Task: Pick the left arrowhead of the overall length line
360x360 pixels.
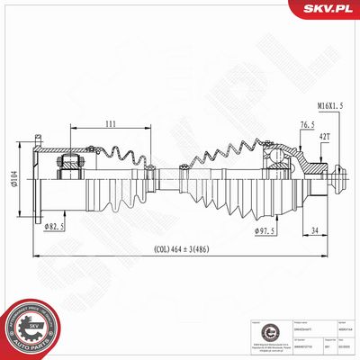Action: [x=37, y=257]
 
